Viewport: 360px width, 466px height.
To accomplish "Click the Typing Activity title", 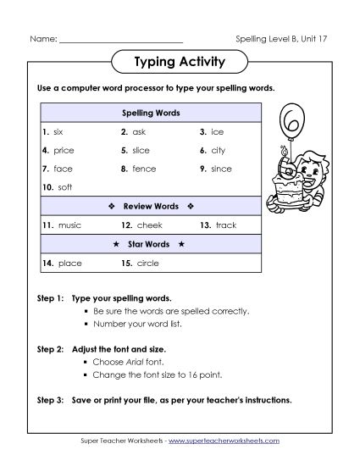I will [179, 62].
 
